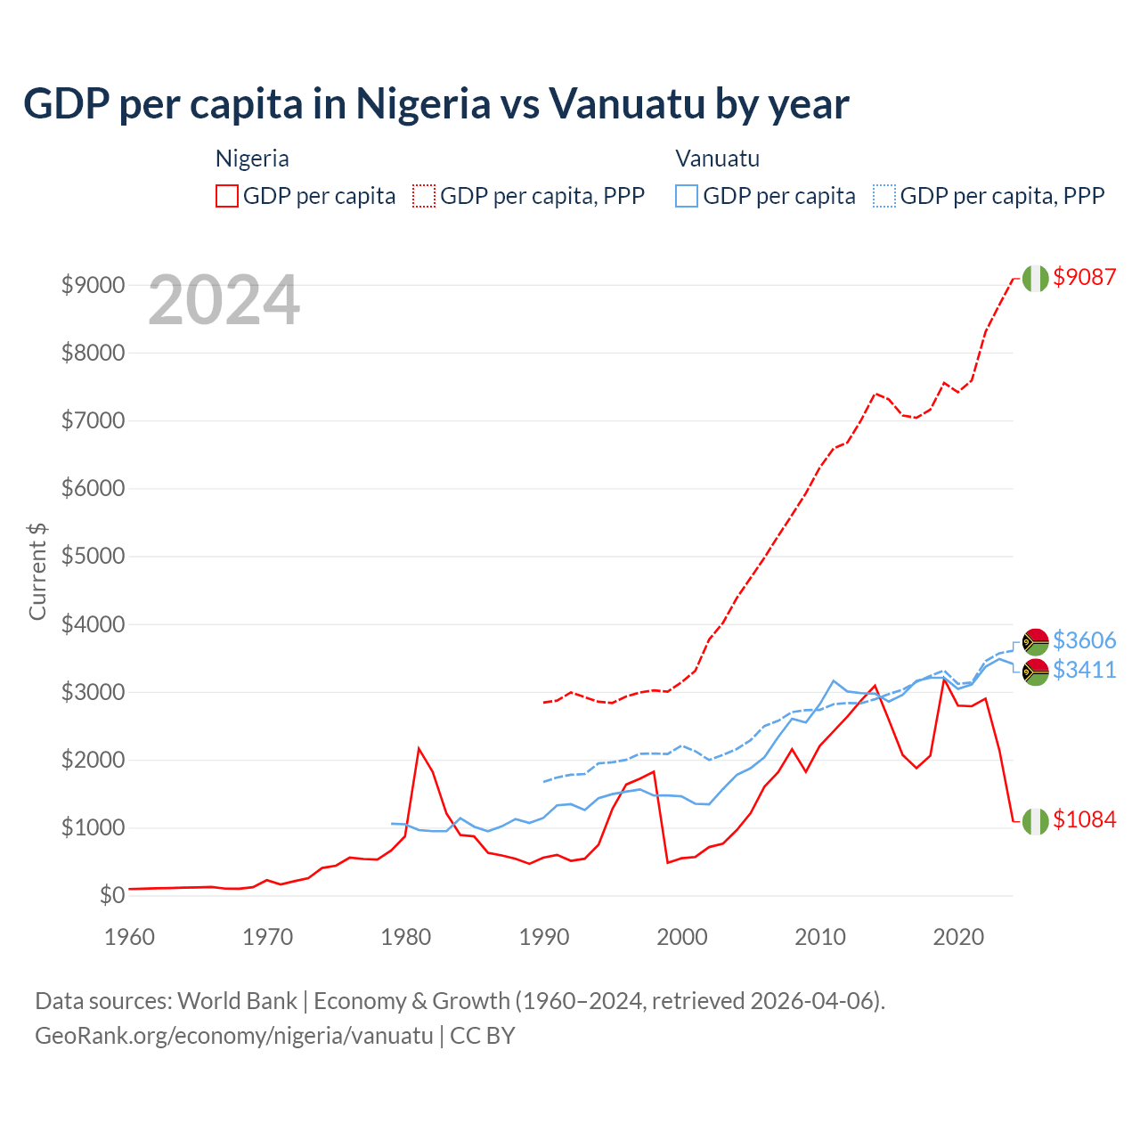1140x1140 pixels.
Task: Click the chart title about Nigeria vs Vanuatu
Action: [436, 103]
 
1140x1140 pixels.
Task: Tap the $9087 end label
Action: [1084, 277]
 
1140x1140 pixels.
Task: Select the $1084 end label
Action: [1084, 819]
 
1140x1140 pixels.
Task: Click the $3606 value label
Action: [1084, 640]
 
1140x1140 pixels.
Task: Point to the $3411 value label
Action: [1084, 670]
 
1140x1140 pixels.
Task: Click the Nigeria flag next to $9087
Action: [1035, 278]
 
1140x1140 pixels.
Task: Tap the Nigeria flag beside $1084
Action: [1035, 820]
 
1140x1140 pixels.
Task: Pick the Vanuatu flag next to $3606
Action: [1035, 641]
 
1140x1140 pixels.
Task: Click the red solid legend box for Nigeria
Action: [227, 196]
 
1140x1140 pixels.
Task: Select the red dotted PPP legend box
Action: [424, 196]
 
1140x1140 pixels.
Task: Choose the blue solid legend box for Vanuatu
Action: [687, 196]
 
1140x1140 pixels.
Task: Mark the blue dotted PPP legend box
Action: [884, 196]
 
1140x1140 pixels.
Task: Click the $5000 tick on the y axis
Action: [93, 557]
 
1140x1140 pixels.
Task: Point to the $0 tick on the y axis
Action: [111, 895]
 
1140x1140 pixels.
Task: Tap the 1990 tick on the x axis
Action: [544, 937]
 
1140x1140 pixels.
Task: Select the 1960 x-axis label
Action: [130, 937]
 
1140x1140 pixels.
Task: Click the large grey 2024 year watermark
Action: [224, 301]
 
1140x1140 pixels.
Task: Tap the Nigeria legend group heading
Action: [252, 159]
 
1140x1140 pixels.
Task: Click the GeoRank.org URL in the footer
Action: [233, 1036]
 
